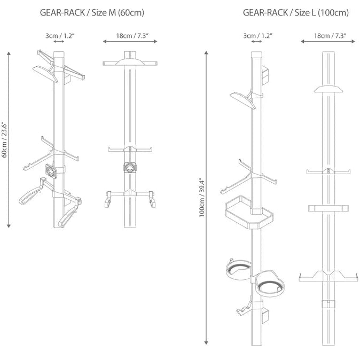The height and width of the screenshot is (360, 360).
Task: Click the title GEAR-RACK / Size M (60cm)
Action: [x=92, y=12]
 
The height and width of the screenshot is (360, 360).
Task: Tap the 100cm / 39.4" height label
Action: [x=201, y=197]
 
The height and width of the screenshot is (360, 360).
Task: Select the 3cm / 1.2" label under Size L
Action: [x=257, y=36]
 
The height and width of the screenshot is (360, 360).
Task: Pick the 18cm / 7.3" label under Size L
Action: [x=327, y=36]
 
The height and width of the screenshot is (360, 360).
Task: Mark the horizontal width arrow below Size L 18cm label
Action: [x=327, y=41]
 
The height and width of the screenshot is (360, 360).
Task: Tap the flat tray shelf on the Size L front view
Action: [x=327, y=208]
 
